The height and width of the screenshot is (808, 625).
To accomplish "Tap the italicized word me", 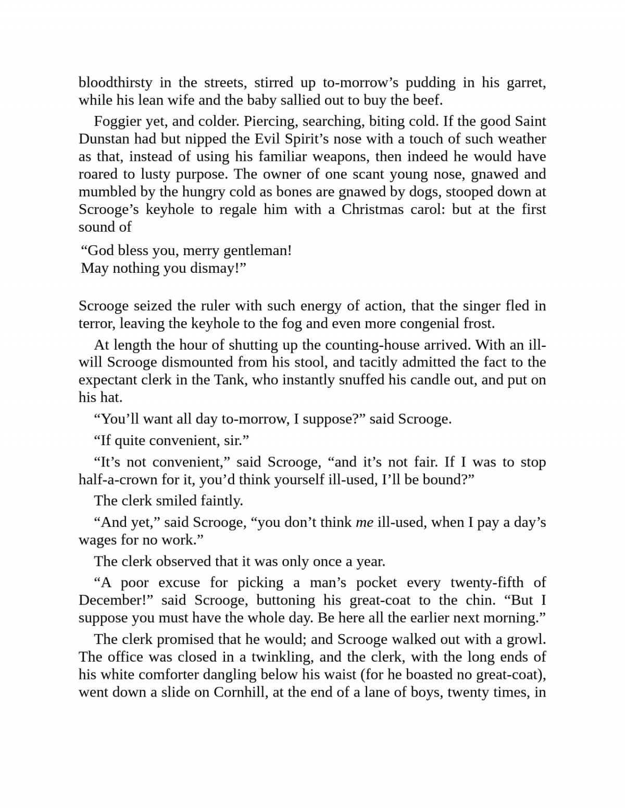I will tap(364, 522).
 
